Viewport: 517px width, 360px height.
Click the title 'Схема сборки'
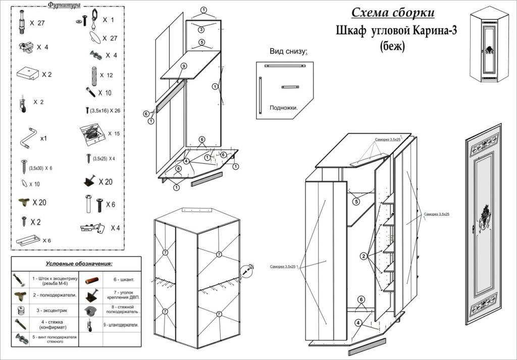tap(393, 13)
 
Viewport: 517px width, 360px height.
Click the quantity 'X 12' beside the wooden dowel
tap(106, 75)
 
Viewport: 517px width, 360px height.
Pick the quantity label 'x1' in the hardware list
tap(43, 138)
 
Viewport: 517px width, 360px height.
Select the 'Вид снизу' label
tap(288, 52)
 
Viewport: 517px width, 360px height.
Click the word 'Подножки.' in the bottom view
tap(284, 108)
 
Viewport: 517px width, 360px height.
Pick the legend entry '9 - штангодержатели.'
tap(121, 325)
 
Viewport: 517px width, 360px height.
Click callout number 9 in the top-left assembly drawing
tap(184, 66)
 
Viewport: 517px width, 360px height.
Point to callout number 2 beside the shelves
tap(363, 256)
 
